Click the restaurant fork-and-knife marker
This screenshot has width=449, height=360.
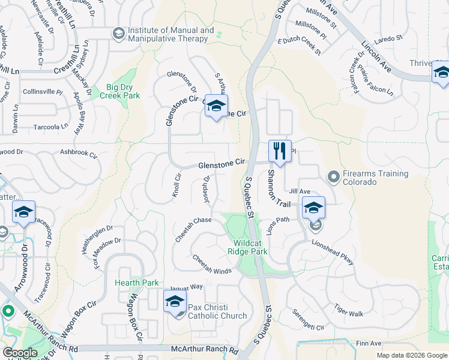pyautogui.click(x=279, y=151)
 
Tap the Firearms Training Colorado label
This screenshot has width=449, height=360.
pyautogui.click(x=375, y=178)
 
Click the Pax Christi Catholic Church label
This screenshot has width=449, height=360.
pyautogui.click(x=217, y=311)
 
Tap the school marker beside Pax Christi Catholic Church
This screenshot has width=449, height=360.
pyautogui.click(x=175, y=302)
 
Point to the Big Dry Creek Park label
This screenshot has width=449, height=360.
pyautogui.click(x=111, y=91)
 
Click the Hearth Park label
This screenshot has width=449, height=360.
pyautogui.click(x=137, y=283)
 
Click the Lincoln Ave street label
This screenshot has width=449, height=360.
pyautogui.click(x=377, y=57)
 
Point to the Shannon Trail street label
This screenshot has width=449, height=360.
pyautogui.click(x=274, y=187)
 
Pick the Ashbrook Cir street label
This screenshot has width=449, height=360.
pyautogui.click(x=79, y=154)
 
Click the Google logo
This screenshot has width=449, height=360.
pyautogui.click(x=20, y=353)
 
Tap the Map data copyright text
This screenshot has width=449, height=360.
pyautogui.click(x=412, y=355)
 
